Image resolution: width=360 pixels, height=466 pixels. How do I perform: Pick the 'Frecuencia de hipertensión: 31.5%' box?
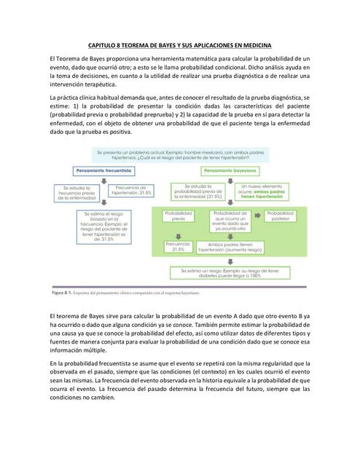click(133, 191)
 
